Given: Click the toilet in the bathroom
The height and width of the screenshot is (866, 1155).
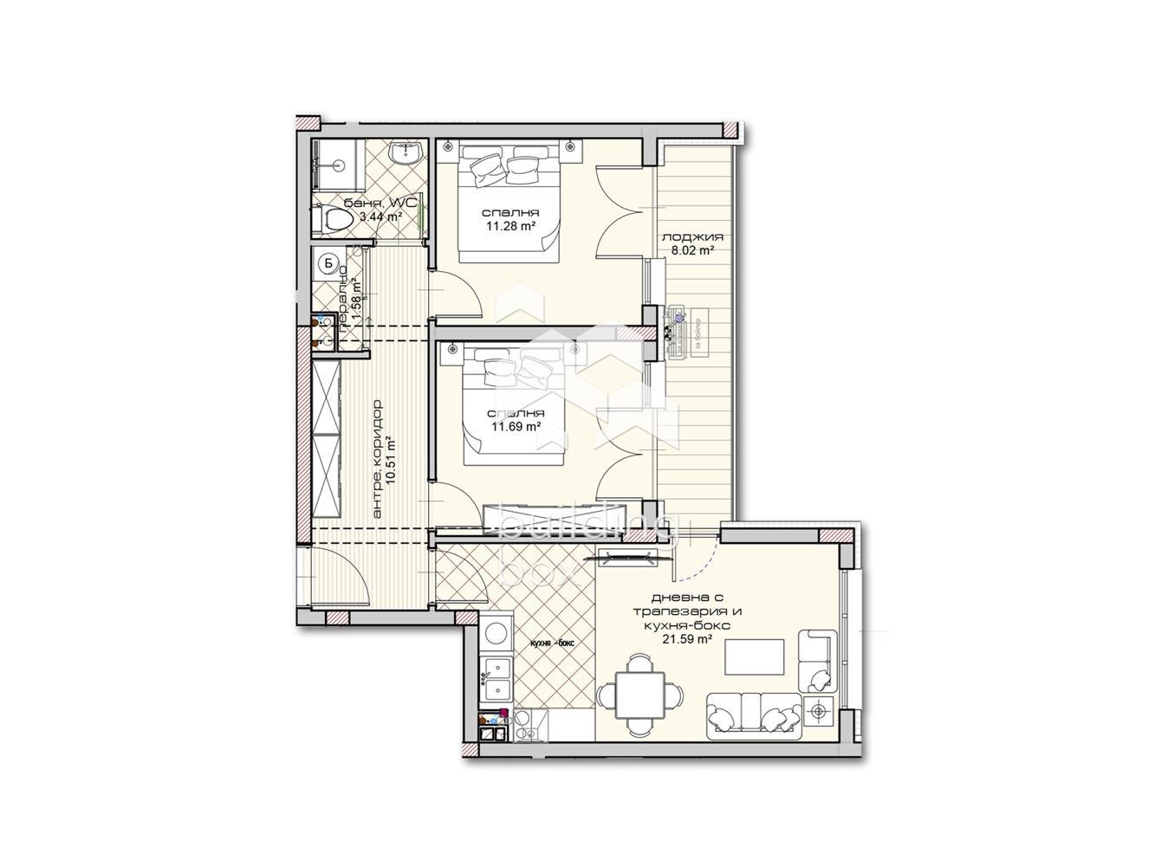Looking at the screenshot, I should point(334,220).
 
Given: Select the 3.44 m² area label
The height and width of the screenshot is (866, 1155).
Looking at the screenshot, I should point(381,216).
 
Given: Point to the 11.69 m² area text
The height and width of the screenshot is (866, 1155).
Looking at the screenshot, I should point(516,426).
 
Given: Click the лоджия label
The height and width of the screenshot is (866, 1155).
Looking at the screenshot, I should point(691,237).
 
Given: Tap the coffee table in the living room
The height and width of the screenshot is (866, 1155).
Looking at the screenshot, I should point(755,656).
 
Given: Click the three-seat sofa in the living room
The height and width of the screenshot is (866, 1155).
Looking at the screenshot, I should point(753,715).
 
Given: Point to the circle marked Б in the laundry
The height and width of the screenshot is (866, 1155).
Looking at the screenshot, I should point(328,262).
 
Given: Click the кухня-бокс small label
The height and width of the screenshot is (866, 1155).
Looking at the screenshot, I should point(551,643).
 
